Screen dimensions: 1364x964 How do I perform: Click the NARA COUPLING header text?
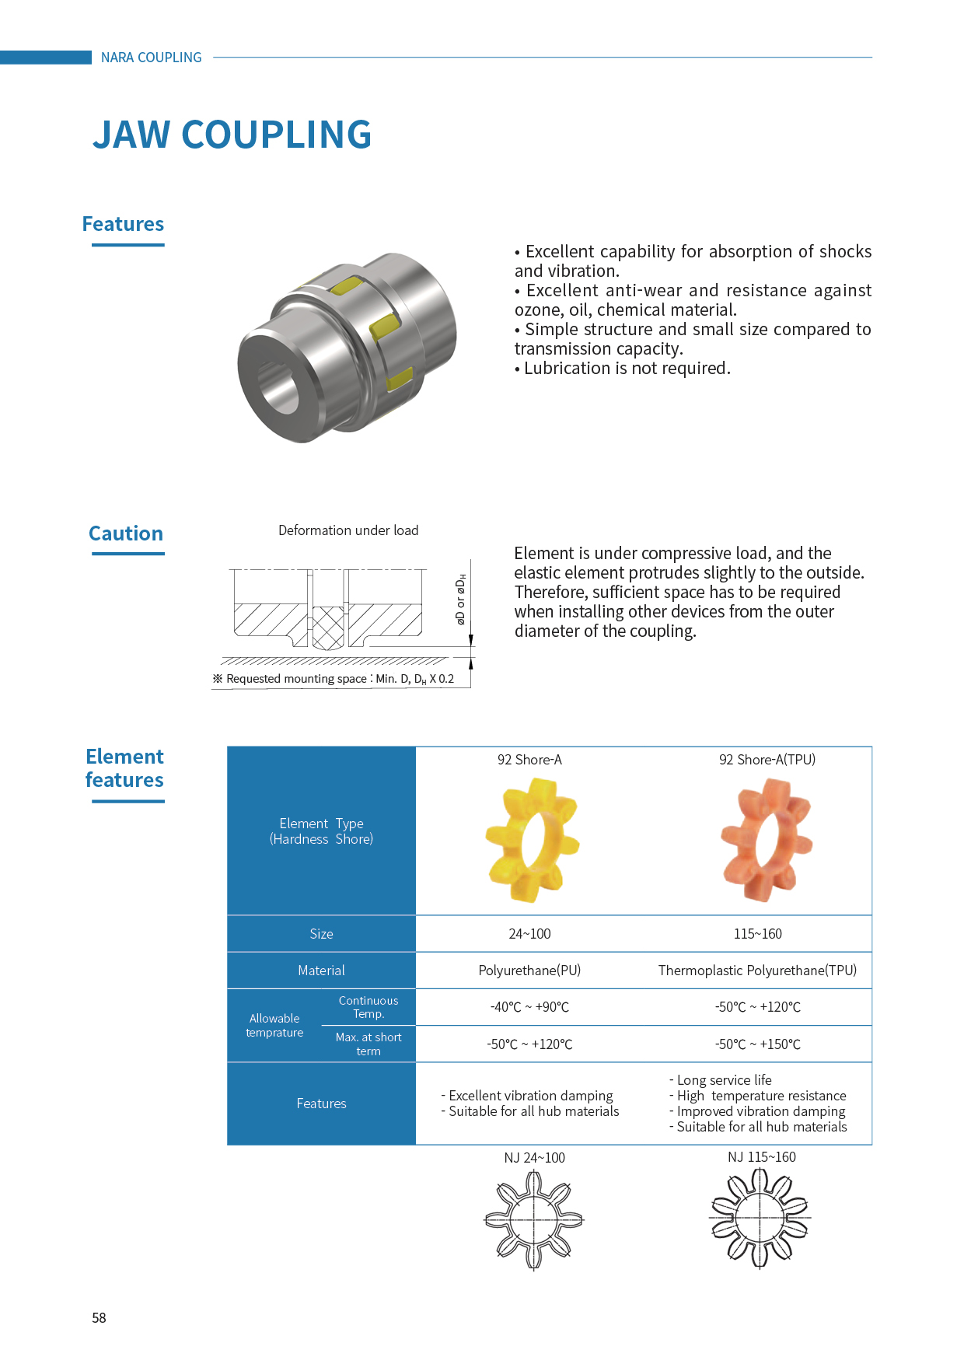(151, 58)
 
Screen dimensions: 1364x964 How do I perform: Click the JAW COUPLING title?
(232, 135)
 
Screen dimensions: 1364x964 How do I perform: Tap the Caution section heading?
(126, 533)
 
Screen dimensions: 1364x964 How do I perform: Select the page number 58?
(99, 1317)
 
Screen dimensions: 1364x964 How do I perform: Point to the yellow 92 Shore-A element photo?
(532, 841)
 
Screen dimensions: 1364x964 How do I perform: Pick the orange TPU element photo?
(767, 841)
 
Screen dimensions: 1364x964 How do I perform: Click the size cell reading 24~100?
(529, 934)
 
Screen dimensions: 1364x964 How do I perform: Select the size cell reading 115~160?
(758, 934)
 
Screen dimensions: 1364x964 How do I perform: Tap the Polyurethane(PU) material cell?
(529, 971)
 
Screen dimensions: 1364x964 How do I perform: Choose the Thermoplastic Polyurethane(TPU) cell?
(757, 971)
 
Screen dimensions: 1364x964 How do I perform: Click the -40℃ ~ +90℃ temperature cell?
(529, 1007)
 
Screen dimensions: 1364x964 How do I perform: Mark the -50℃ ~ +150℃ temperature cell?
(758, 1044)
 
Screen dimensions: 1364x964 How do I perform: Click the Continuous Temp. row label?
(368, 1007)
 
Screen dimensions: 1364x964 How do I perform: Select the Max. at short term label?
(368, 1044)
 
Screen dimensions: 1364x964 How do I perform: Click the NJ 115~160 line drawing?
(760, 1219)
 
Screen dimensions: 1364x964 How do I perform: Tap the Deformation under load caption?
(348, 530)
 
